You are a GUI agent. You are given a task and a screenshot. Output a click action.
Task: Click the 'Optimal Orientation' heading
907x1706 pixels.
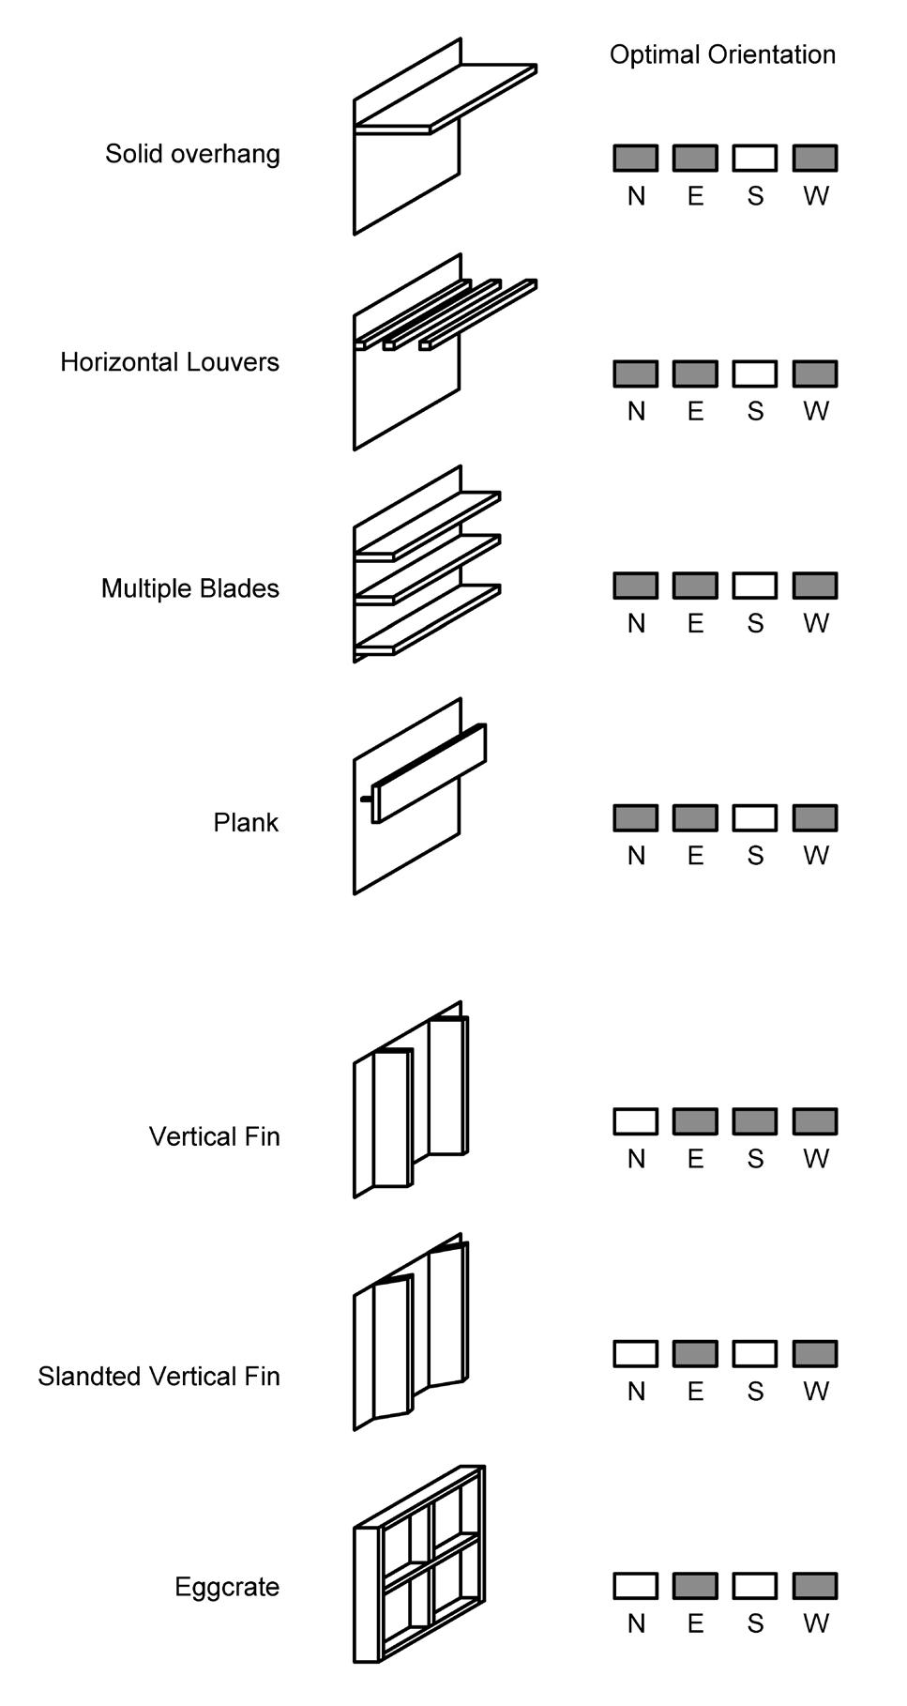(x=722, y=54)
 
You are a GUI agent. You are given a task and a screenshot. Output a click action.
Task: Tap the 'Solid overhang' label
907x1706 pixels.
(x=192, y=154)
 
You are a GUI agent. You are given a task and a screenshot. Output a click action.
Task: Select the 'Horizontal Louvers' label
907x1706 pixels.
(x=170, y=362)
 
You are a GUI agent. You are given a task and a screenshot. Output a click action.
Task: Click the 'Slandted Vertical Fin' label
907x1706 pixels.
(x=159, y=1377)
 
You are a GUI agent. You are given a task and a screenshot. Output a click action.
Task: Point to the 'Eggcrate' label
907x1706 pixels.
(x=227, y=1587)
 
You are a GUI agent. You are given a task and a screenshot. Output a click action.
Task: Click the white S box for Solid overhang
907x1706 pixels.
(x=755, y=158)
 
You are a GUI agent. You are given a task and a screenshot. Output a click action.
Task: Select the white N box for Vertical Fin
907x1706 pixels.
(x=636, y=1121)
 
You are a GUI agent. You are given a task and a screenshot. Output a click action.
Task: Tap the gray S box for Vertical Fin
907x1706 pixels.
(x=755, y=1121)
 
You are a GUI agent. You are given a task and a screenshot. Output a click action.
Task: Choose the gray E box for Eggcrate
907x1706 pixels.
(x=695, y=1586)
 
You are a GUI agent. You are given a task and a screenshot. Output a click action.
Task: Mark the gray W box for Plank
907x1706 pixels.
(x=815, y=818)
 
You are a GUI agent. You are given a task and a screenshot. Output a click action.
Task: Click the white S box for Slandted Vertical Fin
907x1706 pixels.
(x=755, y=1353)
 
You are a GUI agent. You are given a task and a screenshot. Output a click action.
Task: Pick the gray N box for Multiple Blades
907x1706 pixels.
(x=636, y=586)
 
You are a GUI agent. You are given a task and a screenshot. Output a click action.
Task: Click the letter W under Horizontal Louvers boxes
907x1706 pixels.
(x=816, y=411)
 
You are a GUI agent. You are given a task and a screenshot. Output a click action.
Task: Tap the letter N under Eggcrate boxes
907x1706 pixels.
(x=636, y=1623)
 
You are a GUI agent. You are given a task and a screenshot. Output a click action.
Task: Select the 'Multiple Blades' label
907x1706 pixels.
(x=190, y=588)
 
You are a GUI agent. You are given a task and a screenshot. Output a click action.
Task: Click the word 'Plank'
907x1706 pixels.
(x=246, y=823)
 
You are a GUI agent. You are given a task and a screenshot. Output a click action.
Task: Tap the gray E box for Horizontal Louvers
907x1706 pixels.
(x=695, y=373)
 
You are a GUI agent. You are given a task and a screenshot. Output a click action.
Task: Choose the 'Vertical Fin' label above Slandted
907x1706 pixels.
(x=214, y=1136)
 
